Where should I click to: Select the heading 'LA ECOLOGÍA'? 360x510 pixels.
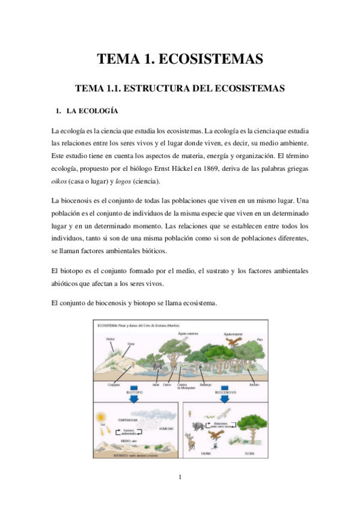[x=91, y=111]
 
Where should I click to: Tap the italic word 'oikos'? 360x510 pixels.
[x=61, y=182]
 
